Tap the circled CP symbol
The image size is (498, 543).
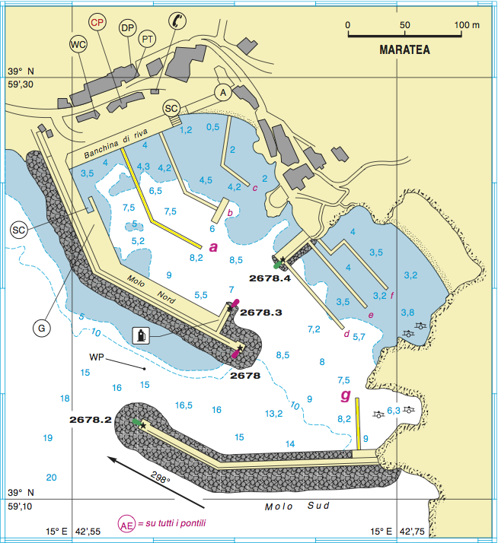97,23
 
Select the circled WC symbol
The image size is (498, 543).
78,45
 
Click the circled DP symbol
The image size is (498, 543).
128,28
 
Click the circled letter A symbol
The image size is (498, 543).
222,92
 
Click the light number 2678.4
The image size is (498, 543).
270,279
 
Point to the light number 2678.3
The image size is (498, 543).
261,313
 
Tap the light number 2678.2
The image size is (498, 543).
90,419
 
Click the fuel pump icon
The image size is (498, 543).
140,335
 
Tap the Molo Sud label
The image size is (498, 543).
289,507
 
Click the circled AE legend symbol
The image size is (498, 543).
127,524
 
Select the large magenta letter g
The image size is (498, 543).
346,395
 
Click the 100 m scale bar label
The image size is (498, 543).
466,24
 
